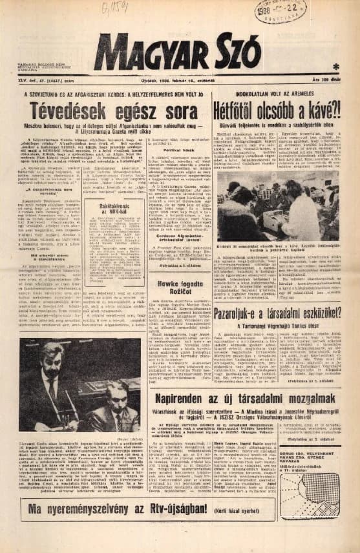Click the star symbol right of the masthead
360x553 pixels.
click(x=335, y=67)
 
